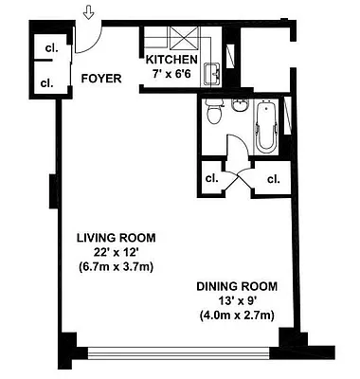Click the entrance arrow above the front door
click(x=88, y=12)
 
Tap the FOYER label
click(x=100, y=79)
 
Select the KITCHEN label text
click(x=172, y=60)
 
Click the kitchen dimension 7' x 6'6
click(x=172, y=74)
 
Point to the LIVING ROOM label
click(x=117, y=238)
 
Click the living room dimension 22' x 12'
click(x=117, y=252)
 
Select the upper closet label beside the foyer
click(x=45, y=49)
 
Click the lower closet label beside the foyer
click(x=45, y=82)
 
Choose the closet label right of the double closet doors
click(x=274, y=178)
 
